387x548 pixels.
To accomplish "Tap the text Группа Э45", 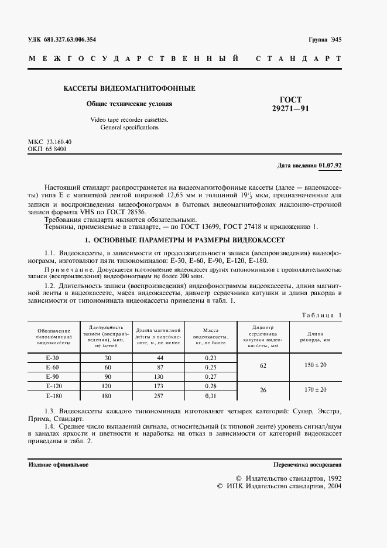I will (324, 39).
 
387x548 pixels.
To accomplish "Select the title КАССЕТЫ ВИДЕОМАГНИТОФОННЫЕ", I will (129, 88).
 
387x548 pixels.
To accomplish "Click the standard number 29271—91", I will (291, 108).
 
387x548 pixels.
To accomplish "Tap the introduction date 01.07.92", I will (330, 165).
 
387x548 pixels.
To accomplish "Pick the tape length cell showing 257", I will (159, 396).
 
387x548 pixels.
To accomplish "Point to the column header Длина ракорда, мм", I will (315, 336).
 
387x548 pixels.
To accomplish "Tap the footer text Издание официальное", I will (59, 464).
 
